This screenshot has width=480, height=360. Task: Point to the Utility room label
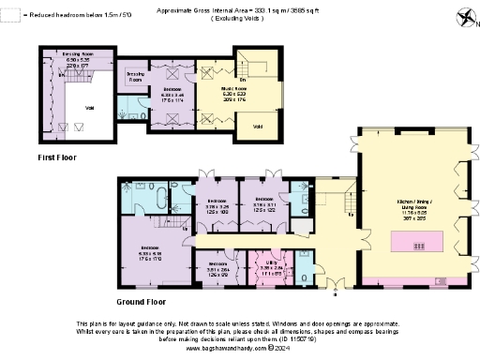tap(268, 266)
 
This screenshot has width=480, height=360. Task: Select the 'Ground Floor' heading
tap(142, 302)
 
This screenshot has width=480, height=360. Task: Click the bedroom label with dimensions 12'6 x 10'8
tap(217, 203)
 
